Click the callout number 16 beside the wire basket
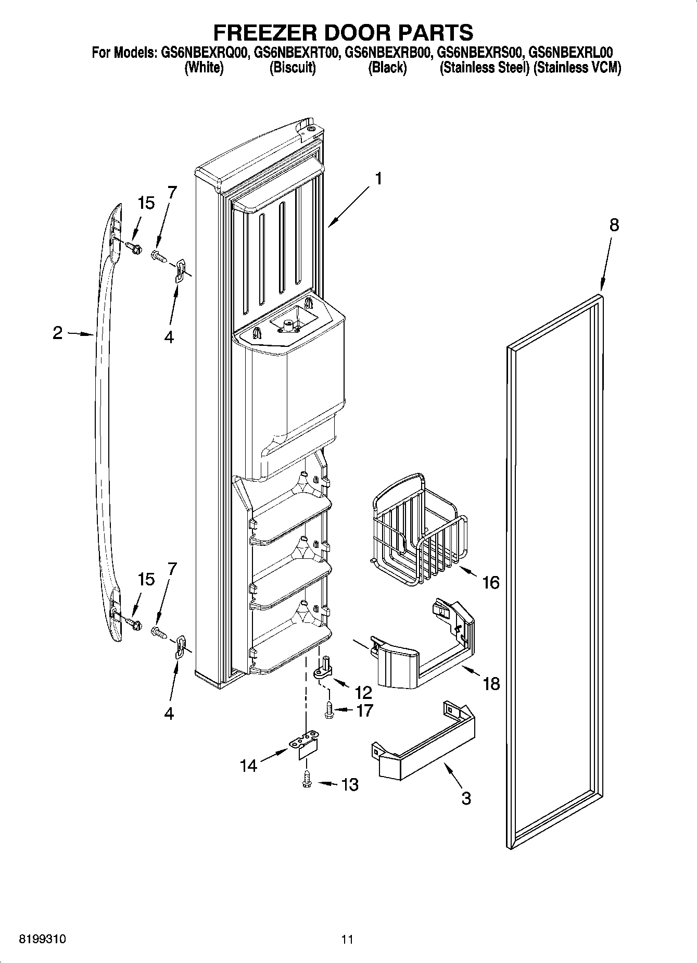[x=490, y=582]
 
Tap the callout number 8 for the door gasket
[x=614, y=225]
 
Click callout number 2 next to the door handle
[x=58, y=333]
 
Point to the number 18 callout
[x=491, y=683]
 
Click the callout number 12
[x=363, y=692]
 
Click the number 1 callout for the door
[x=378, y=179]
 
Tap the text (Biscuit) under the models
[x=293, y=68]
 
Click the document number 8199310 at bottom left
[x=42, y=940]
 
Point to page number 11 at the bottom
[x=347, y=940]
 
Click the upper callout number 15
[x=146, y=203]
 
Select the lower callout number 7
[x=171, y=568]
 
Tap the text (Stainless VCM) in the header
[x=578, y=68]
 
